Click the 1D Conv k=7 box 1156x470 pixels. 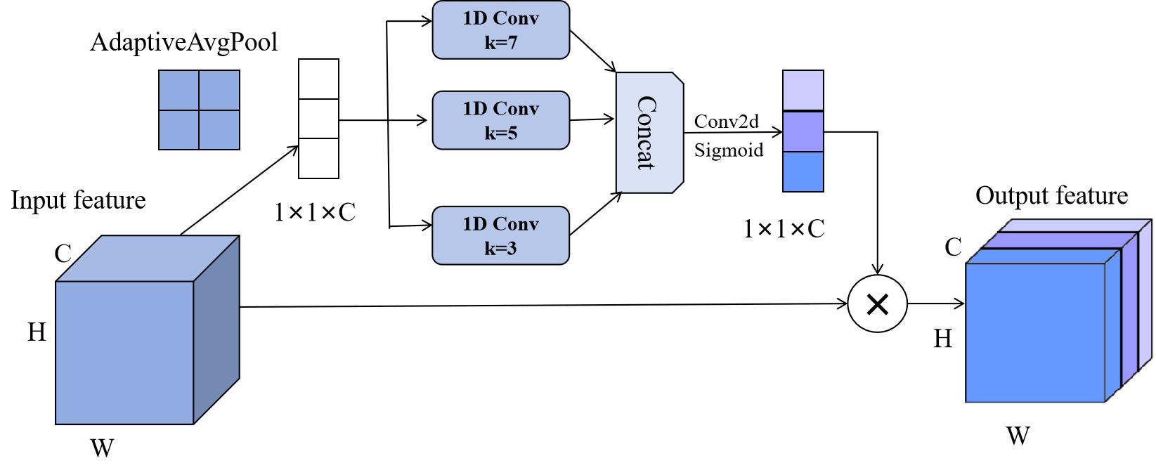500,30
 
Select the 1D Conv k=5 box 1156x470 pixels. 500,120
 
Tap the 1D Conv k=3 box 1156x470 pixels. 500,235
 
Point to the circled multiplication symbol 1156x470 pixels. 877,304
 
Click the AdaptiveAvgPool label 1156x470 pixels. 184,43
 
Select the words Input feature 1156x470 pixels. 78,200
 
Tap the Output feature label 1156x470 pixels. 1051,196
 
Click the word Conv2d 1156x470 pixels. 727,122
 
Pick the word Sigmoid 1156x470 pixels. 729,150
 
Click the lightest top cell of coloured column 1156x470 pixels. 803,90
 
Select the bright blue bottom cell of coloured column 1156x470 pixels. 803,171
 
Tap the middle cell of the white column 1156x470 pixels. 318,119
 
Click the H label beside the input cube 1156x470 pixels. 37,332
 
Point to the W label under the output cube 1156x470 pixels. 1018,436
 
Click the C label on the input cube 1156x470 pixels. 63,254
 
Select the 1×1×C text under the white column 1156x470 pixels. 315,212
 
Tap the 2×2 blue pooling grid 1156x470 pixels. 199,110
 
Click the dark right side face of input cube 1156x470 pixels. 216,330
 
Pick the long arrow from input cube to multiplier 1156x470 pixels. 541,306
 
